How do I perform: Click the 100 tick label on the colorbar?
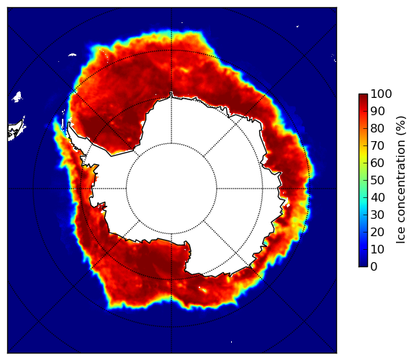(382, 94)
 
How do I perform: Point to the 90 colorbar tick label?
(378, 111)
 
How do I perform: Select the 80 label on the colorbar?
(378, 129)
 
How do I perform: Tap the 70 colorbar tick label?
(378, 145)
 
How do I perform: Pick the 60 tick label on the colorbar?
(378, 163)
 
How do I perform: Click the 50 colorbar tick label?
(378, 181)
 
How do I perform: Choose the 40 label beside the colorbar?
(378, 197)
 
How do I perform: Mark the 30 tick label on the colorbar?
(378, 215)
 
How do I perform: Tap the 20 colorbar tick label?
(378, 232)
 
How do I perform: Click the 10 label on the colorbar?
(378, 249)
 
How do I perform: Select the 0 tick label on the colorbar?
(374, 267)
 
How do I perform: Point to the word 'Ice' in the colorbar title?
(400, 238)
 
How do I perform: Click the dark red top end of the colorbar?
(363, 96)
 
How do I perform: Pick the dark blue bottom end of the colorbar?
(363, 264)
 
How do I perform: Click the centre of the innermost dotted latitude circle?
(171, 189)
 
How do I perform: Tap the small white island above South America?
(17, 96)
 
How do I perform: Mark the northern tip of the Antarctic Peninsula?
(69, 123)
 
